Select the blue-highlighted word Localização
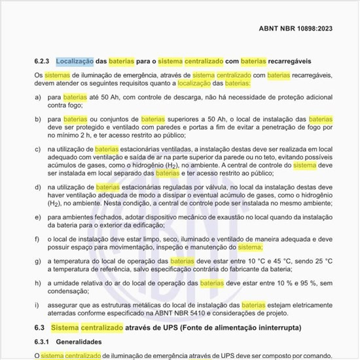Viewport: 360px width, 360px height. click(x=74, y=62)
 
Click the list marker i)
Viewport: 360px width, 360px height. click(x=37, y=305)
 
